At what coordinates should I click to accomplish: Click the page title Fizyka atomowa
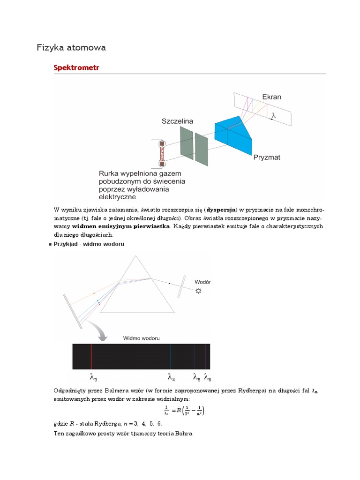(x=71, y=47)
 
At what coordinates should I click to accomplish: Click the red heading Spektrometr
(x=77, y=68)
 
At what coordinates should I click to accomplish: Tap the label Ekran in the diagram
(x=271, y=97)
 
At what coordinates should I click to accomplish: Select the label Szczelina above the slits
(x=177, y=121)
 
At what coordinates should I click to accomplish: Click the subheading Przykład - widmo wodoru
(x=89, y=244)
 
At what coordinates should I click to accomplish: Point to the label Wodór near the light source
(x=202, y=282)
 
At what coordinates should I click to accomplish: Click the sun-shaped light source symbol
(x=199, y=291)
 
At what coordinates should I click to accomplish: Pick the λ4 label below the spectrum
(x=171, y=377)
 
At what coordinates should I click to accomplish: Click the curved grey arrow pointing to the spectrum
(x=100, y=332)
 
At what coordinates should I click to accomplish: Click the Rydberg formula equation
(x=184, y=412)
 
